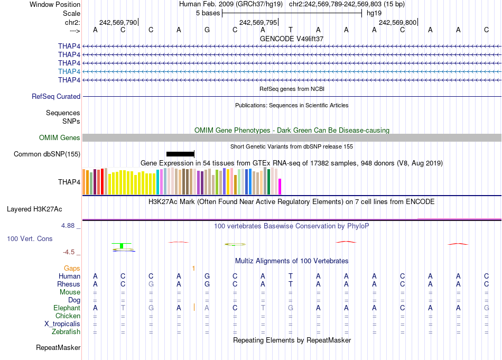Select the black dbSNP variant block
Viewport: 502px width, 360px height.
coord(180,154)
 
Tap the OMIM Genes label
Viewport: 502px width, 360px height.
coord(60,137)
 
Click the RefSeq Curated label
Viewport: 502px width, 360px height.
coord(56,96)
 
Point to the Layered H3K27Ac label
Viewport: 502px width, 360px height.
coord(43,209)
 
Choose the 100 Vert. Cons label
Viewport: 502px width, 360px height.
coord(30,239)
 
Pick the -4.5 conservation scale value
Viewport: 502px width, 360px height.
coord(70,252)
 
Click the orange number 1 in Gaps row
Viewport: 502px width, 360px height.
coord(193,268)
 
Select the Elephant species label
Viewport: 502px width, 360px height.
coord(67,308)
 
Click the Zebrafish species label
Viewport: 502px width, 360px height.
coord(66,331)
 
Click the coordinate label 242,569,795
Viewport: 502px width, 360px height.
coord(257,22)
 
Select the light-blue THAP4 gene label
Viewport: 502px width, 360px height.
coord(69,71)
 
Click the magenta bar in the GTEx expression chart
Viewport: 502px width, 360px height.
coord(280,187)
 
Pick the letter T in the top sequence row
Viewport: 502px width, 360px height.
coord(290,30)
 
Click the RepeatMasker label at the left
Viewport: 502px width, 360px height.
coord(58,347)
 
